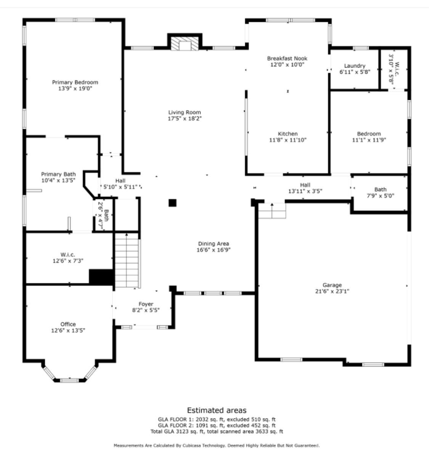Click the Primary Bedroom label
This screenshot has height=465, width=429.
click(x=75, y=82)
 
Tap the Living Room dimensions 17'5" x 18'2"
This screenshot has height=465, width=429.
click(x=185, y=119)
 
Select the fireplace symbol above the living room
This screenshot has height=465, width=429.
click(x=185, y=43)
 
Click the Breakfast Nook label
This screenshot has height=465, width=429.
click(x=287, y=58)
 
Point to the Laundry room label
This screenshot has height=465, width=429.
click(x=355, y=66)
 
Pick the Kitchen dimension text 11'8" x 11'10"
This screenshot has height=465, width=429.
click(x=288, y=140)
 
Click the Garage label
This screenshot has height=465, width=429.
click(x=332, y=285)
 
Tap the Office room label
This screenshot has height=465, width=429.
click(x=68, y=324)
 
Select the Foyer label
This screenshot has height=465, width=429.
click(x=146, y=304)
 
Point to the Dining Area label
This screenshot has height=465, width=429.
click(x=214, y=244)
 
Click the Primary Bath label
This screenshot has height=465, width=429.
click(x=58, y=174)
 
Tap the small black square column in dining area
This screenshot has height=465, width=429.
click(x=172, y=203)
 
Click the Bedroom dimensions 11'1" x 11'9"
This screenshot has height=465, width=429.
click(x=369, y=140)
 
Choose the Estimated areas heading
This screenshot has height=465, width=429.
click(x=217, y=410)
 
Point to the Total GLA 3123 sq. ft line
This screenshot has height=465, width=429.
click(x=217, y=431)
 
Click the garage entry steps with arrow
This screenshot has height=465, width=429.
click(x=272, y=211)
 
